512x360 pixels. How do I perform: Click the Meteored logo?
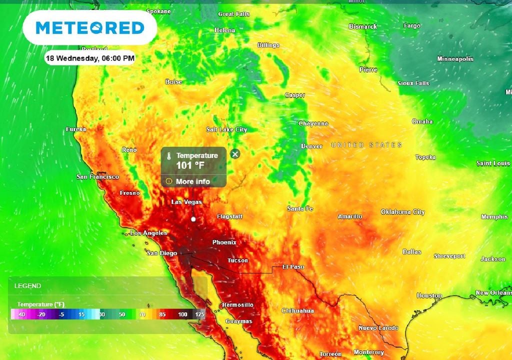90,27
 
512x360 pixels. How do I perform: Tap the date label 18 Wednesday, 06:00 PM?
90,58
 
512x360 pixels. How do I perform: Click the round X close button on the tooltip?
235,154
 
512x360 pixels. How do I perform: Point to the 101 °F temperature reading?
190,165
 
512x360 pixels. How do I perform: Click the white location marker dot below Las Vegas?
193,219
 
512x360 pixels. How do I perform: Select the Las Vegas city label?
186,202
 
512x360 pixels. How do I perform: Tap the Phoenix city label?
224,242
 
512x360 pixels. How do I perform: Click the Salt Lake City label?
226,129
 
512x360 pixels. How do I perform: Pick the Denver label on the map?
311,146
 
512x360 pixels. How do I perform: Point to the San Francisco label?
97,177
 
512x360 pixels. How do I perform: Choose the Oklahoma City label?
402,212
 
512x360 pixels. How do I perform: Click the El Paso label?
293,266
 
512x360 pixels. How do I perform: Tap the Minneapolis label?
455,59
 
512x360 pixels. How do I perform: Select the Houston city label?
429,295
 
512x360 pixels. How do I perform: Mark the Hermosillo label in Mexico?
237,304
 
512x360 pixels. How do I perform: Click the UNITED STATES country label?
366,145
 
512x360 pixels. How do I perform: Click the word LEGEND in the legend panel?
28,286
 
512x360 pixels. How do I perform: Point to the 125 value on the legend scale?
200,314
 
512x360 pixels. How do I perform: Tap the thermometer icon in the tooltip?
169,155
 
